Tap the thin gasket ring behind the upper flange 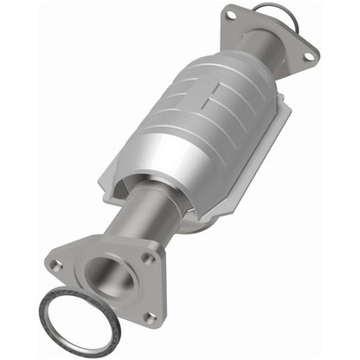click(291, 11)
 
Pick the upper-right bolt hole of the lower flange click(148, 258)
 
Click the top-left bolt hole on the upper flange click(232, 14)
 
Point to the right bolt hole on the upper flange click(308, 56)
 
